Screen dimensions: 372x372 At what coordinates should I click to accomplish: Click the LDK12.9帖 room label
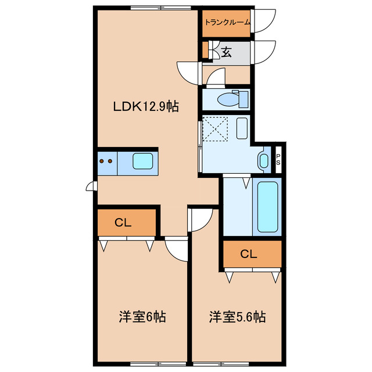(x=146, y=106)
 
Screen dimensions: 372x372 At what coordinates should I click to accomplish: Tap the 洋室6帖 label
(x=142, y=317)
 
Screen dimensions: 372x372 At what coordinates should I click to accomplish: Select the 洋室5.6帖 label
(x=237, y=317)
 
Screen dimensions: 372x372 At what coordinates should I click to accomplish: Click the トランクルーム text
(x=227, y=23)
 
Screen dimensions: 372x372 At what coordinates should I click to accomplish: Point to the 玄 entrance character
(x=226, y=52)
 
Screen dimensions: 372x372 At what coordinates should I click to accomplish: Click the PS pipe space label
(x=278, y=160)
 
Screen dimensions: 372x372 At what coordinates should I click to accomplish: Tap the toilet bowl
(x=228, y=99)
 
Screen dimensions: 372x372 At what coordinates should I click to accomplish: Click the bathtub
(x=267, y=207)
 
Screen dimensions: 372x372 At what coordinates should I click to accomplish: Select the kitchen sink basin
(x=142, y=161)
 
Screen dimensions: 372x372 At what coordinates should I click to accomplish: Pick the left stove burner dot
(x=102, y=161)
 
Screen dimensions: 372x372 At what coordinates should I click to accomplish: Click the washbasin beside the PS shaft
(x=263, y=161)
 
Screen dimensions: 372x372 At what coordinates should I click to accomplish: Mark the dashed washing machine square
(x=215, y=128)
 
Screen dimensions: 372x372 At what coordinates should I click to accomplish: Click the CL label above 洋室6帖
(x=123, y=223)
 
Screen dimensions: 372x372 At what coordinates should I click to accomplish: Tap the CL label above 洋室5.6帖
(x=249, y=254)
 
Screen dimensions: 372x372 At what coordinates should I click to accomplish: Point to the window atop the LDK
(x=161, y=8)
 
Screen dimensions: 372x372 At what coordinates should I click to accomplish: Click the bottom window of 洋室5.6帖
(x=221, y=364)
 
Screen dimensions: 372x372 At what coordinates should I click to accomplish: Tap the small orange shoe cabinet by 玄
(x=205, y=49)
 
